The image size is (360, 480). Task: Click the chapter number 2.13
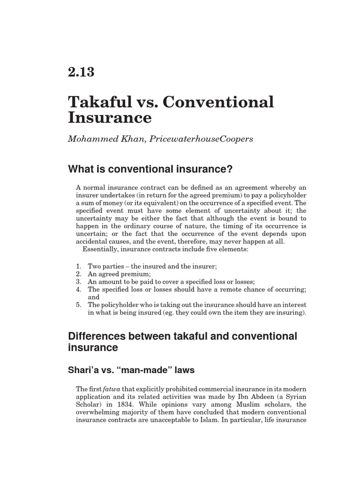[81, 72]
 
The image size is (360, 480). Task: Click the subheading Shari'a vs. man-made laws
[131, 370]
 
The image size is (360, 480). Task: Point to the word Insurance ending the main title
[110, 117]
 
